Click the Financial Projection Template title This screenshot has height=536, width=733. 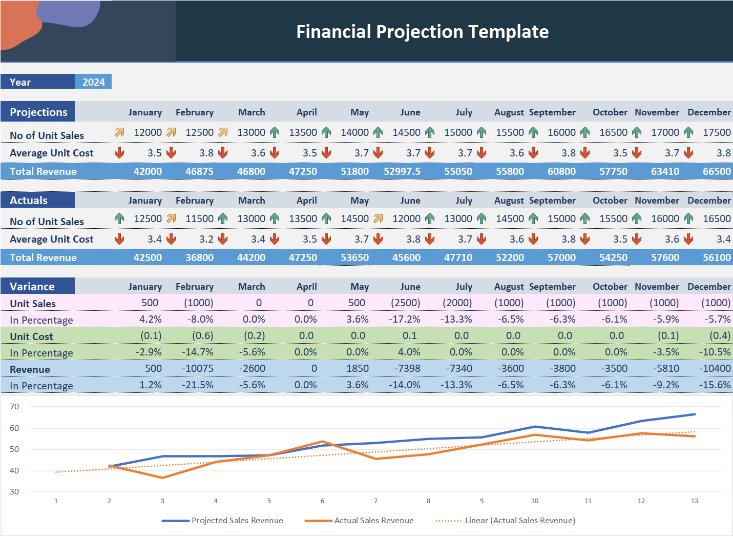(x=422, y=32)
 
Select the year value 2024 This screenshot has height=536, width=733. (x=93, y=82)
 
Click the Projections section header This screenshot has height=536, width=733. (x=38, y=112)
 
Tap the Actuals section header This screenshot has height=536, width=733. (x=29, y=200)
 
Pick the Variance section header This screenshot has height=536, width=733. (x=32, y=286)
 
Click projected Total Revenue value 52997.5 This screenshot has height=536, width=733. (x=402, y=171)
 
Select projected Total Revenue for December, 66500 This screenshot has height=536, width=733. (x=716, y=171)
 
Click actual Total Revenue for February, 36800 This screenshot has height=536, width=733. (x=199, y=257)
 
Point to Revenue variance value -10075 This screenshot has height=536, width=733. (x=199, y=368)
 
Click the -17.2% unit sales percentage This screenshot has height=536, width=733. (x=404, y=319)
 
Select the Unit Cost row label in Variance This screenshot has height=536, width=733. (x=31, y=336)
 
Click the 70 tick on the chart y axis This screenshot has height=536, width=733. (x=14, y=407)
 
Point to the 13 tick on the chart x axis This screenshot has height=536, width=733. (x=694, y=501)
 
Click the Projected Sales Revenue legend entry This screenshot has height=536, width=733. (x=237, y=520)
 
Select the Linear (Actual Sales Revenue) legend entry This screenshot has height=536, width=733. (x=519, y=520)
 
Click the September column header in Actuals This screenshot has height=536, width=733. (x=552, y=200)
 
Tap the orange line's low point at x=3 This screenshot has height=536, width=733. (x=163, y=478)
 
